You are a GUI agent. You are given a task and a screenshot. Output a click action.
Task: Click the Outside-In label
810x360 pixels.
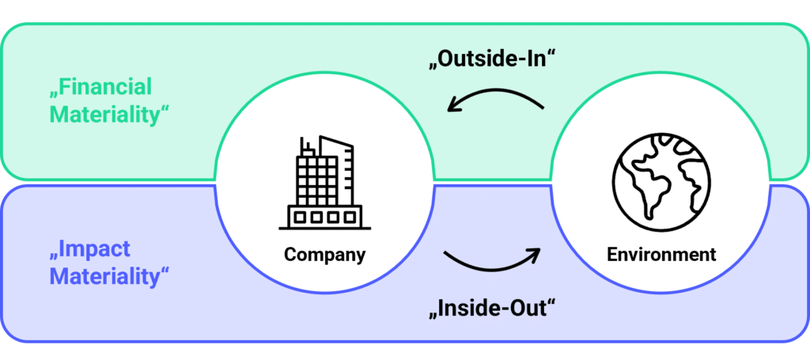click(492, 59)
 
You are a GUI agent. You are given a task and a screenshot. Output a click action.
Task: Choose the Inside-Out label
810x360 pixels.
click(492, 309)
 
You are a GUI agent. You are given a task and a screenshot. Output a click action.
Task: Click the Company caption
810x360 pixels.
click(325, 254)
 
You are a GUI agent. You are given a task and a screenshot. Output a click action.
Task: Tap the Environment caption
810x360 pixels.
click(661, 254)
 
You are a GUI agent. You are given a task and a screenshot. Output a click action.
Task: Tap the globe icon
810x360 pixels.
click(661, 182)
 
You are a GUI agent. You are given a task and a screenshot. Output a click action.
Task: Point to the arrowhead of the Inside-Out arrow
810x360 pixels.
click(534, 252)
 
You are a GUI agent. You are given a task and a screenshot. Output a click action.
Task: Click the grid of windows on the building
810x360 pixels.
click(317, 180)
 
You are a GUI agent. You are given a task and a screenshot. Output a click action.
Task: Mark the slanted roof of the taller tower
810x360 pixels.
click(336, 141)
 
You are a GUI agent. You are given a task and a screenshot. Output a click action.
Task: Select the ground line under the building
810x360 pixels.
click(325, 228)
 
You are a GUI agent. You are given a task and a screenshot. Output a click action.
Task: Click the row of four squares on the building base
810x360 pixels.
click(325, 217)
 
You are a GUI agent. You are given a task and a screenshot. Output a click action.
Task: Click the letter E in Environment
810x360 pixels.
click(613, 255)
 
